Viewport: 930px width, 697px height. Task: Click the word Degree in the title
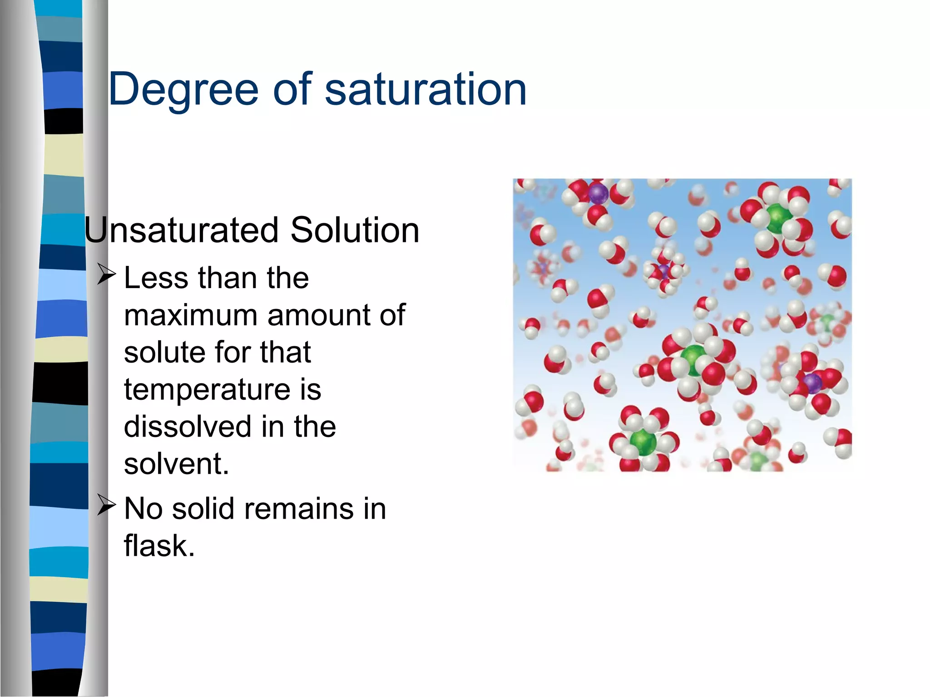tap(183, 89)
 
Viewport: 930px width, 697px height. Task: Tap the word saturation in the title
tap(425, 89)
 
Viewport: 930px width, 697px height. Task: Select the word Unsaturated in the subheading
tap(182, 230)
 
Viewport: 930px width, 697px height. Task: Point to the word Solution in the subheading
tap(355, 230)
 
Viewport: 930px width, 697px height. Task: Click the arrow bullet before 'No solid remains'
tap(107, 506)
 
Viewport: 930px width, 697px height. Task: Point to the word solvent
tap(176, 464)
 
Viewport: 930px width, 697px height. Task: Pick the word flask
tap(159, 546)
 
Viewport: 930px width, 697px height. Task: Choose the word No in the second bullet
tap(143, 509)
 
